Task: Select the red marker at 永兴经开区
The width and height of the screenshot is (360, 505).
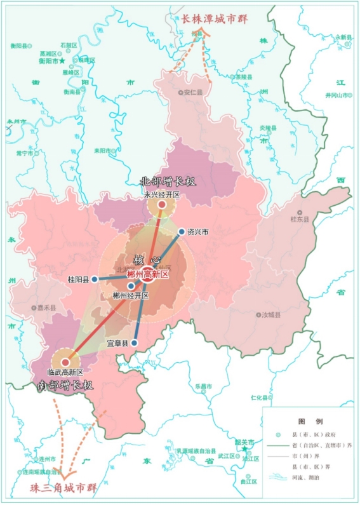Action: (x=161, y=205)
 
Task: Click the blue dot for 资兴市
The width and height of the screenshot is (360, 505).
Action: (x=182, y=232)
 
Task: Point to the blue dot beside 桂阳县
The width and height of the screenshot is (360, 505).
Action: (x=95, y=279)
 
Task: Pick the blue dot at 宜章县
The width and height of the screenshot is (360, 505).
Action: (x=135, y=343)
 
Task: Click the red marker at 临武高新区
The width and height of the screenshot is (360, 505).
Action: (x=65, y=361)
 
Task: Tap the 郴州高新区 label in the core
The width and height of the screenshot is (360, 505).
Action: (x=147, y=274)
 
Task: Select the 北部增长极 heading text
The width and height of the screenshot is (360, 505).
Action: (x=168, y=182)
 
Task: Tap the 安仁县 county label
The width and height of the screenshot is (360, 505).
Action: (x=192, y=92)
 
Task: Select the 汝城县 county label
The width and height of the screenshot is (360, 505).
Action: (x=270, y=314)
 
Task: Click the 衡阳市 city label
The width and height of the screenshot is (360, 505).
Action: (x=48, y=61)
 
